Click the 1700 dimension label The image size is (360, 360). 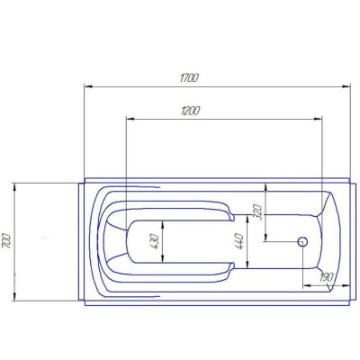click(x=189, y=78)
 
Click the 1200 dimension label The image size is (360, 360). click(x=190, y=111)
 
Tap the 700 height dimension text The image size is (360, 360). click(x=6, y=240)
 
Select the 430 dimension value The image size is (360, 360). click(x=154, y=241)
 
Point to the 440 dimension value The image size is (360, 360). click(x=239, y=241)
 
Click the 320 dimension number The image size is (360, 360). click(x=258, y=212)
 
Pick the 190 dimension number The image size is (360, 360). click(x=326, y=277)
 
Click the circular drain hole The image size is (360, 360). click(x=302, y=241)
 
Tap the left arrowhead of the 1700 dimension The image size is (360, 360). click(x=88, y=86)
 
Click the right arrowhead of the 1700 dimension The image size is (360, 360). click(x=346, y=86)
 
